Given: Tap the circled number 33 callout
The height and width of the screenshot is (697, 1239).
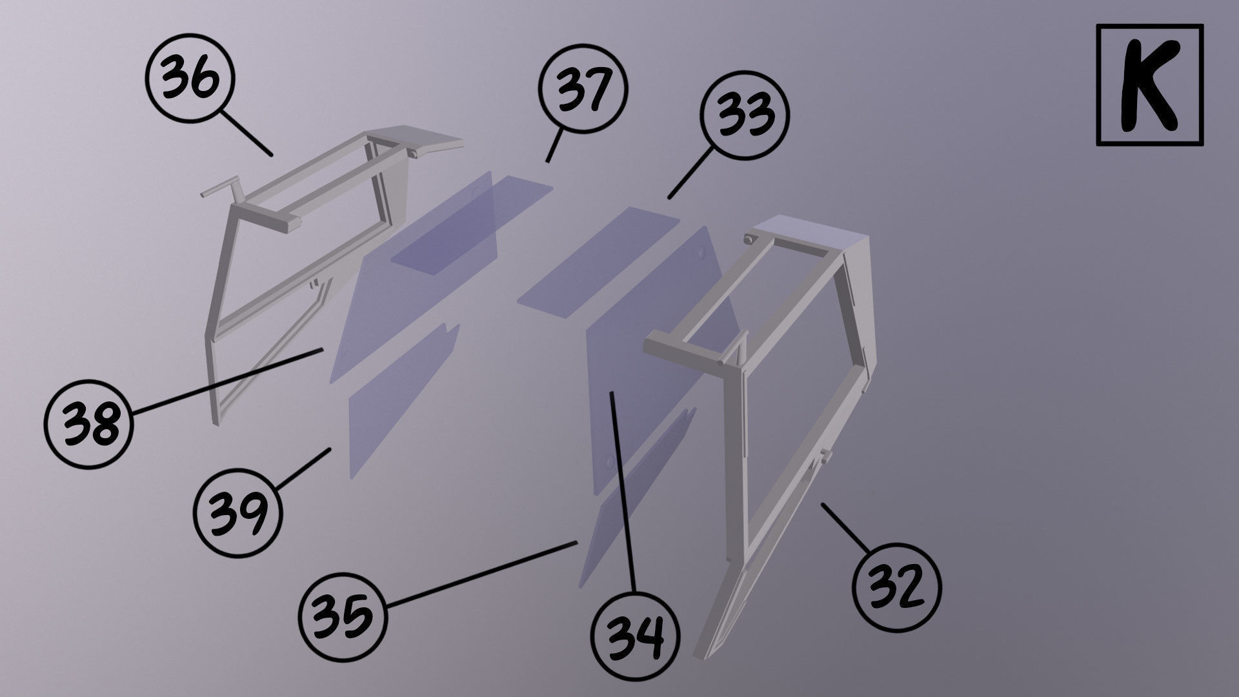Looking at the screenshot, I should [745, 114].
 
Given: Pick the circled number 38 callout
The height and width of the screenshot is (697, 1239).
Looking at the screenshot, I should [88, 423].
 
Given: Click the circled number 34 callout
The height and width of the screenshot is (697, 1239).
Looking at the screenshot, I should [635, 636].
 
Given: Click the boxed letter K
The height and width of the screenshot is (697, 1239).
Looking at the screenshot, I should [1149, 85].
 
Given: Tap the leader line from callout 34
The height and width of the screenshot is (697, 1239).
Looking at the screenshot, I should [623, 490].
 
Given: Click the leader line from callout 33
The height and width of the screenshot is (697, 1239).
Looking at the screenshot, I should [690, 173].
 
